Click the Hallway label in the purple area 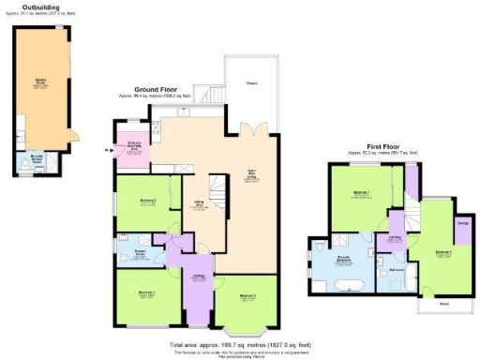tap(199, 276)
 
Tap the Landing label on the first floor tap(395, 238)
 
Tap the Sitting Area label tap(199, 206)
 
